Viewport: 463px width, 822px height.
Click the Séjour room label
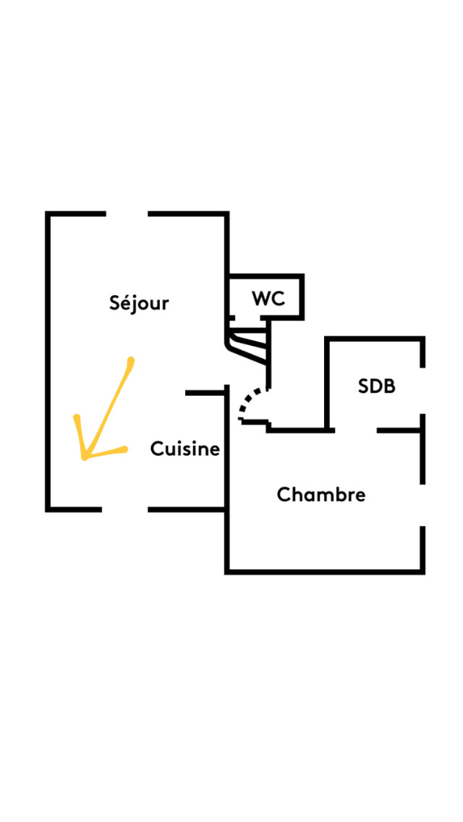139,302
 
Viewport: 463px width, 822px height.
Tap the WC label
268,298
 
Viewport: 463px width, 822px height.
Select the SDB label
377,386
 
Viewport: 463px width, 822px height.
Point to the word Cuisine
184,449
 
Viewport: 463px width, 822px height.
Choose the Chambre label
320,495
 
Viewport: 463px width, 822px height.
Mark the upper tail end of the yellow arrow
130,360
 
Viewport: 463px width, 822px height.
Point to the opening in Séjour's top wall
127,214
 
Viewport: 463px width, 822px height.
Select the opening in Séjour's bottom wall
124,509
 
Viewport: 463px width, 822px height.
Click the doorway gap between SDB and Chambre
355,431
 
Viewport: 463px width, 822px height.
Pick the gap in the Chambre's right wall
422,505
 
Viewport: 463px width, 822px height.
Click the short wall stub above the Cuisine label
205,393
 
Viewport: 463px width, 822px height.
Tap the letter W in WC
261,298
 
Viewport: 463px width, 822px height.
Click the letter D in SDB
377,386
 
